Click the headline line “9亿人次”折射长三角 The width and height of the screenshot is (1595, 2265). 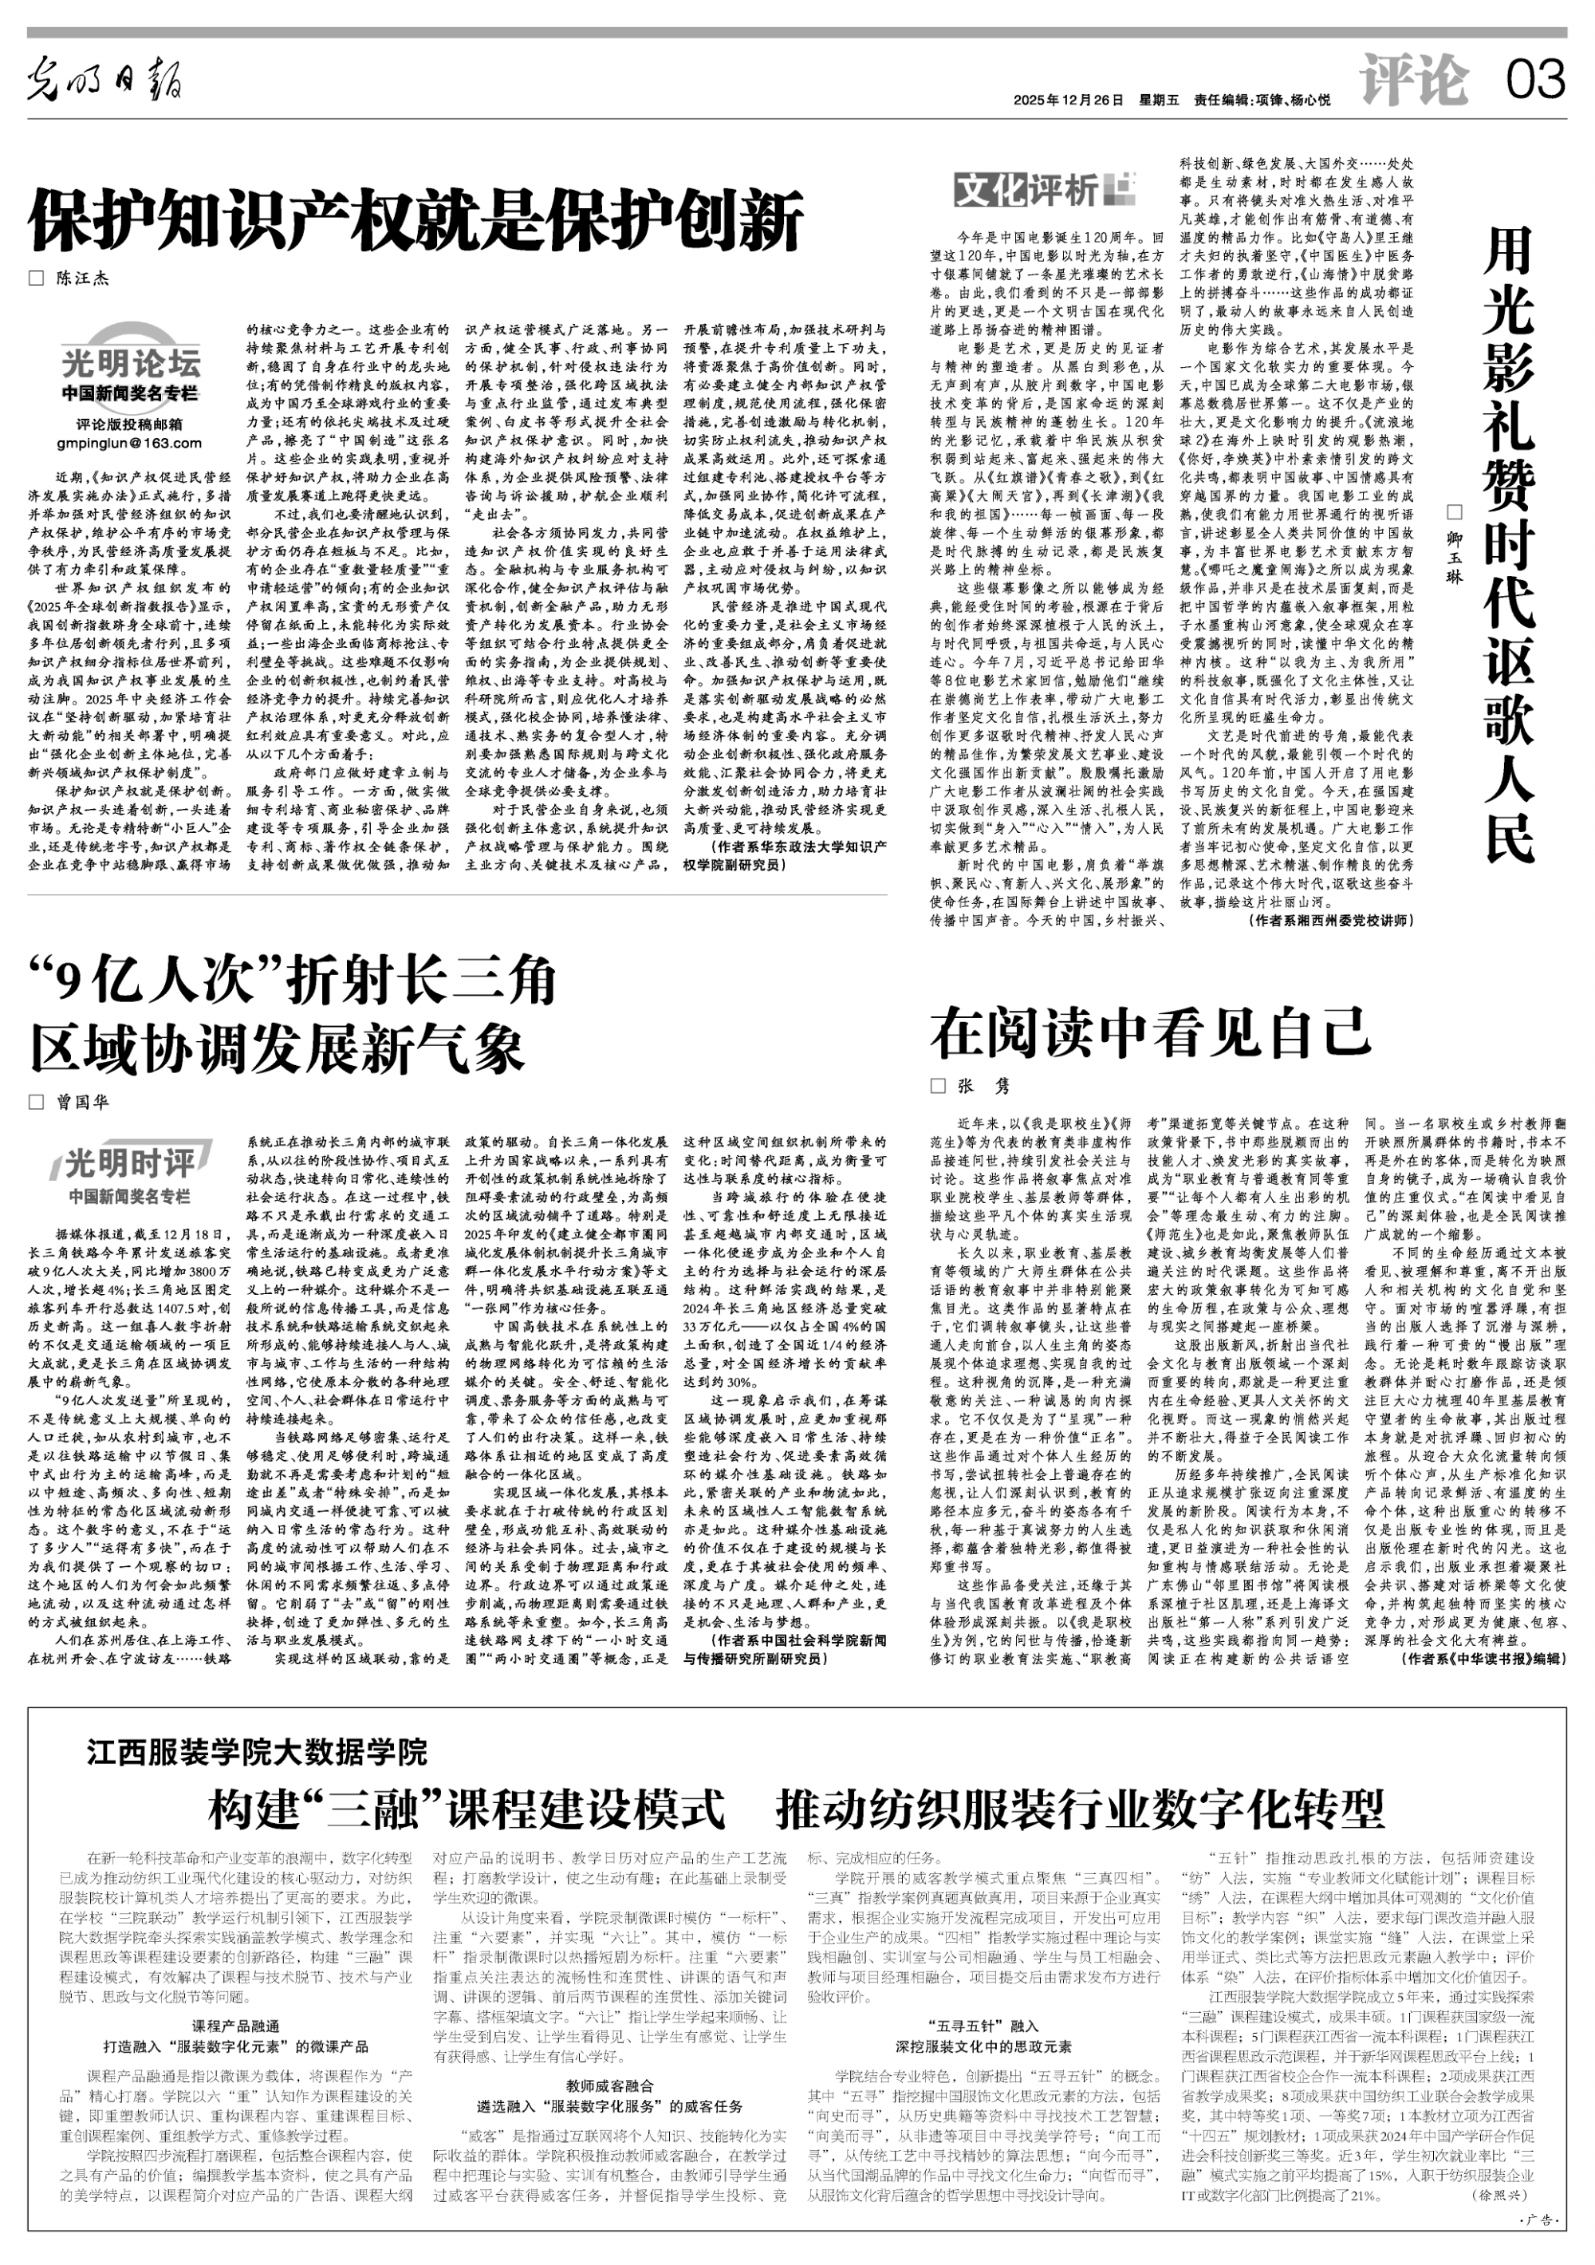coord(293,981)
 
